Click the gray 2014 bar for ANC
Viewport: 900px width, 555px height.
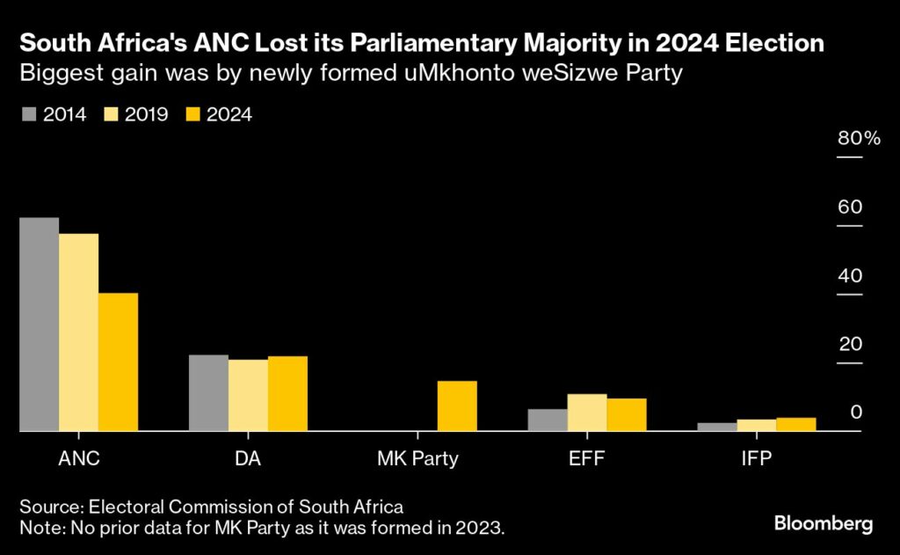39,325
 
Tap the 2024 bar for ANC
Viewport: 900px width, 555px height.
118,362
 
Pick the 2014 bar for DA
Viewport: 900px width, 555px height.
208,393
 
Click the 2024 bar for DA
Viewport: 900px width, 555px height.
287,394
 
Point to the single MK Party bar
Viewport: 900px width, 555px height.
457,406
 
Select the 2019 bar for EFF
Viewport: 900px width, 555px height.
587,413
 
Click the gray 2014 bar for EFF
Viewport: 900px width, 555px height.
548,420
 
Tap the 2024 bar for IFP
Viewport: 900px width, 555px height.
795,425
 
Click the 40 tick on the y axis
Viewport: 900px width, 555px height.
850,275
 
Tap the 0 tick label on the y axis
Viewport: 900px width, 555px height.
855,413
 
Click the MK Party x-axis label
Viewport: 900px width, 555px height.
417,459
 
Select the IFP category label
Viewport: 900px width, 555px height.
756,459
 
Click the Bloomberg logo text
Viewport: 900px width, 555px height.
824,524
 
